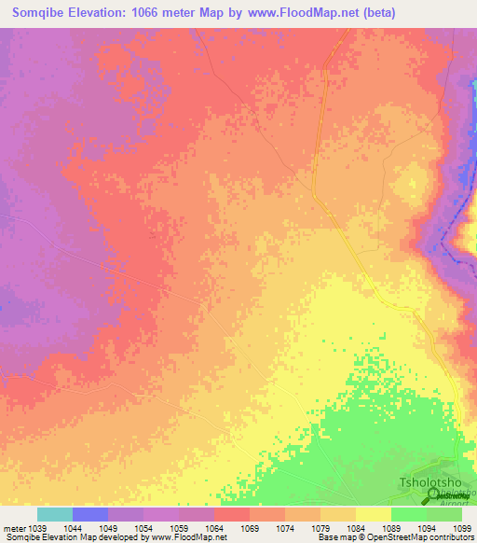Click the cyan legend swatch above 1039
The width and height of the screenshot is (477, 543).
tap(55, 514)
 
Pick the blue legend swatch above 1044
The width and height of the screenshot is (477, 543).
tap(90, 514)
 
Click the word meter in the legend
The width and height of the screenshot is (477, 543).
tap(14, 527)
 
